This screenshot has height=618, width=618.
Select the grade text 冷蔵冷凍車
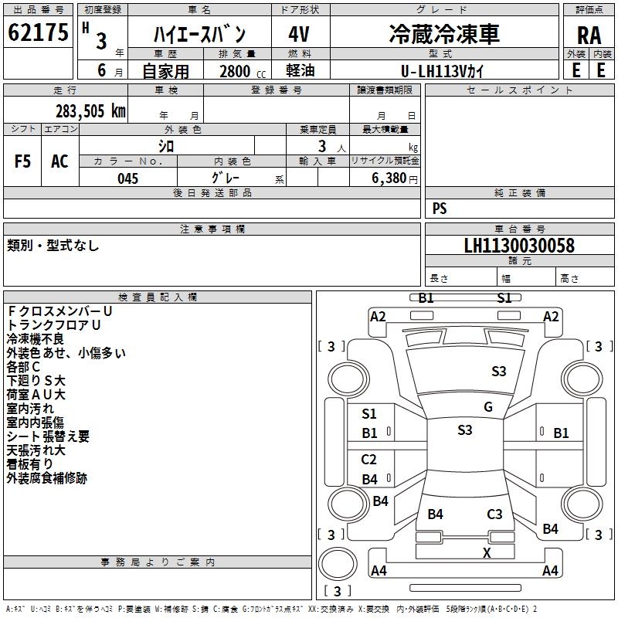[x=443, y=34]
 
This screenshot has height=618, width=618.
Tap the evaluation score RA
[x=589, y=36]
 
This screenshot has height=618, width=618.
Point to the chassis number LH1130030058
[x=518, y=246]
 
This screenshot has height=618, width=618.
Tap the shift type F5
[x=23, y=161]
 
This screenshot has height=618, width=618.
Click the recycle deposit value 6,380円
[x=395, y=178]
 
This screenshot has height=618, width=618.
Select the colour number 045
[x=128, y=178]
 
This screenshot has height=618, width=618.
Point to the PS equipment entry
[x=440, y=209]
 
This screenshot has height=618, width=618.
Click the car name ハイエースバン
[x=199, y=35]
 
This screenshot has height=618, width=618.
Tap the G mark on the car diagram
[x=488, y=407]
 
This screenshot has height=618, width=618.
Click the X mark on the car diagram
[x=487, y=552]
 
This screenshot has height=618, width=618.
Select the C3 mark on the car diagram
[x=494, y=514]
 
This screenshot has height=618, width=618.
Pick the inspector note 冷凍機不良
[x=36, y=338]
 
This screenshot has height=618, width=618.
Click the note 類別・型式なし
[x=53, y=246]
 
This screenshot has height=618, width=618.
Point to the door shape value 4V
[x=299, y=35]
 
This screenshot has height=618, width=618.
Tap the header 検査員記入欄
[x=158, y=297]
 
